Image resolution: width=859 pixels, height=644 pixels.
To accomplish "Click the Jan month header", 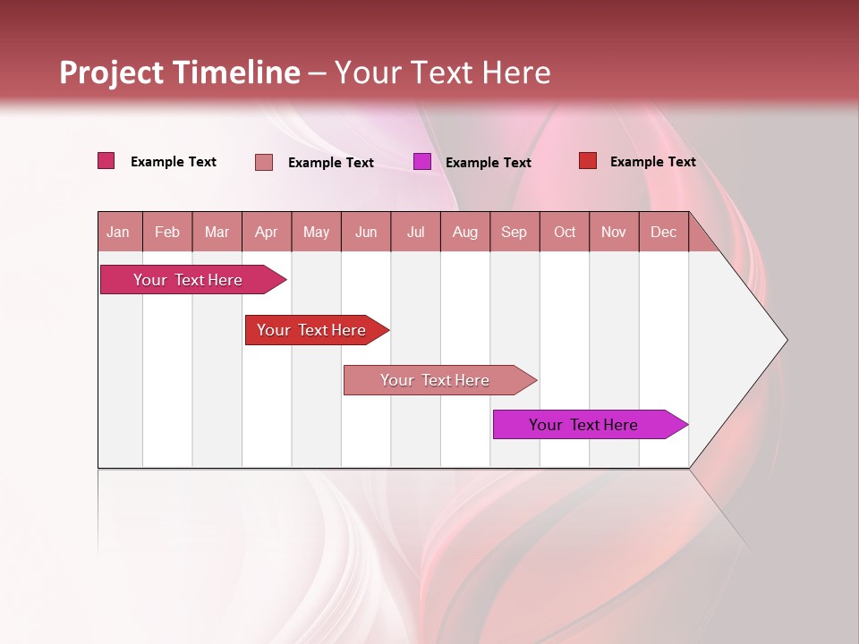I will pos(118,232).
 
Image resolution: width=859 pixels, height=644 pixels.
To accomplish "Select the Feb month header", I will pos(167,232).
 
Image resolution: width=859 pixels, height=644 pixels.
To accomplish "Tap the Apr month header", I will pos(266,232).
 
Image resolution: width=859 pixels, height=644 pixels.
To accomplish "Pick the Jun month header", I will pos(366,232).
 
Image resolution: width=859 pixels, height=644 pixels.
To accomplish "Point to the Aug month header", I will pos(464,232).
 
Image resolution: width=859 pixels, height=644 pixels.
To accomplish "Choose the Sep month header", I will pos(514,232).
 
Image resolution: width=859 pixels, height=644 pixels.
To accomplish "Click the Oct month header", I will pos(565,232).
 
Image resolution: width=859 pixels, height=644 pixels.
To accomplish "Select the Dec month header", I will pos(663,232).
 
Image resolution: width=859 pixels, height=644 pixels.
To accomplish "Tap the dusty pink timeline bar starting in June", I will pos(436,380).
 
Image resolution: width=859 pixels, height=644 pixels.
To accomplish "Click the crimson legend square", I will pos(106,161).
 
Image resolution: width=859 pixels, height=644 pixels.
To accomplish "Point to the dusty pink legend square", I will pos(264,162).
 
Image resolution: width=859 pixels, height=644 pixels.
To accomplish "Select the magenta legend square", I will pos(422,162).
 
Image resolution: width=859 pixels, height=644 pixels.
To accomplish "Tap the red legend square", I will pos(588,161).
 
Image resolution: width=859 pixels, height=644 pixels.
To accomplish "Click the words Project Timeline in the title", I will pos(179,72).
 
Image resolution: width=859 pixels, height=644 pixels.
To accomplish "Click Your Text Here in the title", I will pos(442,72).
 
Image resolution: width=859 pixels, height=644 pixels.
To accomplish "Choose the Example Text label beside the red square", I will pos(652,162).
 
